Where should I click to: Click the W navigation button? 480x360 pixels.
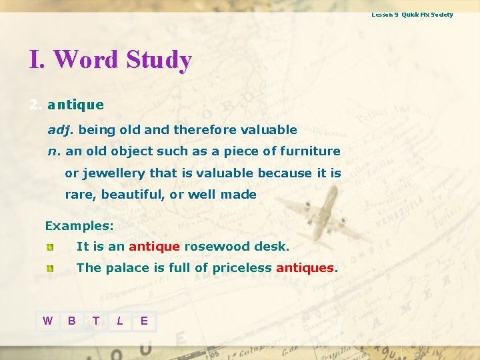pos(47,321)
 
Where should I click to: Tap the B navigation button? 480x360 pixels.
pos(71,321)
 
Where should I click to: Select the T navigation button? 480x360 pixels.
pos(96,321)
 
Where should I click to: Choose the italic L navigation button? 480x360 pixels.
pos(120,321)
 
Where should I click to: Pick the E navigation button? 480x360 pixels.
pos(144,321)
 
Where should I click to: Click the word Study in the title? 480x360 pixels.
pos(159,59)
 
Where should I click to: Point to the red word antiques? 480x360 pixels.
pos(305,268)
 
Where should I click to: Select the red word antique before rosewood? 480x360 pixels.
pos(154,247)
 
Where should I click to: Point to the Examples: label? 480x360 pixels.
pos(79,226)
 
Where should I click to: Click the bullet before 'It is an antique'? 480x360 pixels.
pos(50,247)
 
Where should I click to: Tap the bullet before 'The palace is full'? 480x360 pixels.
pos(50,269)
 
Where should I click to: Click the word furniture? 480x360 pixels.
pos(310,151)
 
